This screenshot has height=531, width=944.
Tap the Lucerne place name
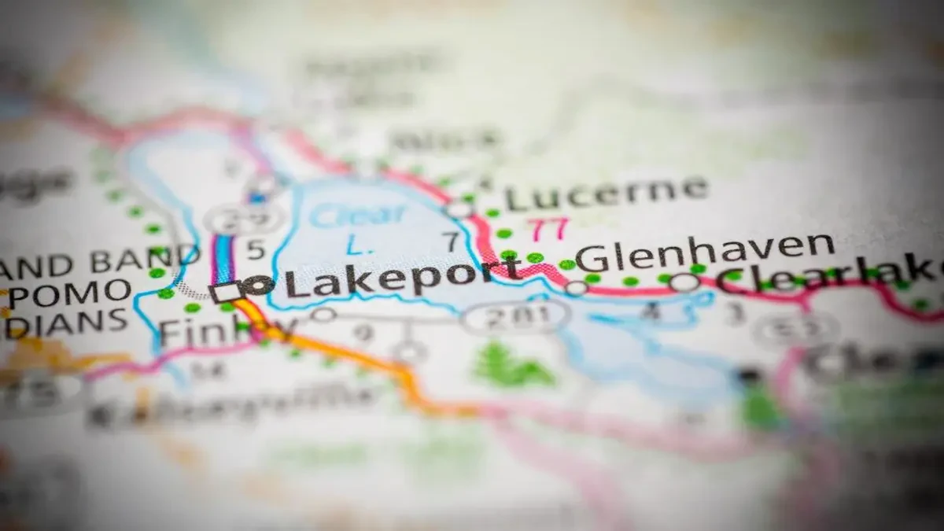tap(606, 194)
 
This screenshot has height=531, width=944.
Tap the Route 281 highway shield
tap(514, 316)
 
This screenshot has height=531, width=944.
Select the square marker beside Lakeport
tap(225, 292)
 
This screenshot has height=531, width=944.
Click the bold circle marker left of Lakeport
tap(258, 286)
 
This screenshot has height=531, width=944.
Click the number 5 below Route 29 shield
tap(256, 250)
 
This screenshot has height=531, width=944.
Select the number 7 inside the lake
tap(450, 242)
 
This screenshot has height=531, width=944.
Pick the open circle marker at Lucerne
tap(458, 209)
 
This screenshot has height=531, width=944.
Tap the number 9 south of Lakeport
tap(363, 334)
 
